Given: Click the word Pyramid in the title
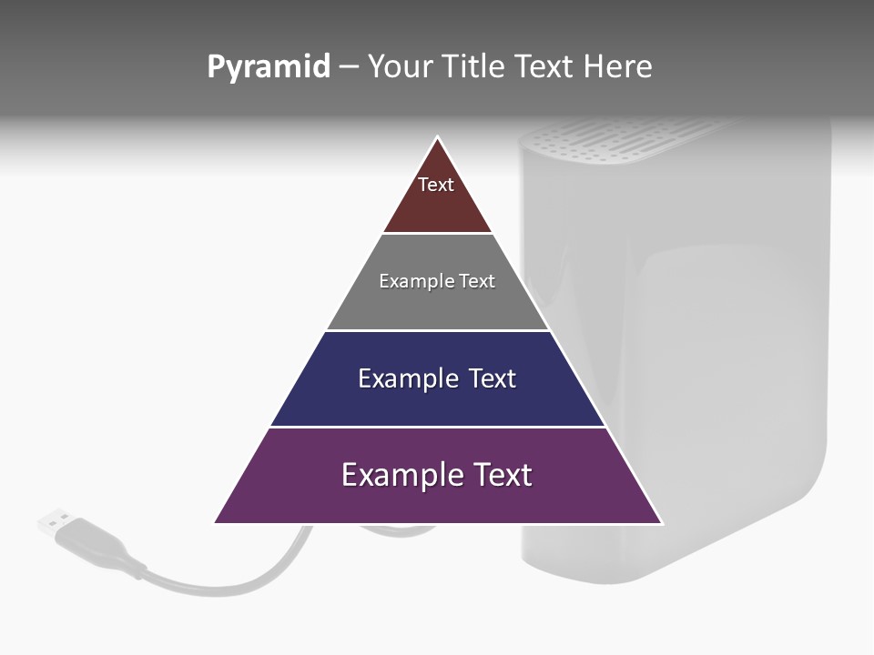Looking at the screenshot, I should click(269, 67).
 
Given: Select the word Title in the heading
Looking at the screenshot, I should click(478, 67).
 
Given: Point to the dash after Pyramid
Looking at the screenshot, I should click(349, 67).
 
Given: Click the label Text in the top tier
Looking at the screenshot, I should click(436, 185).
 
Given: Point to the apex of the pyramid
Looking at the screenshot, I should click(438, 138).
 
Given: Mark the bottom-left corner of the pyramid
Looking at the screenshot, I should click(216, 522).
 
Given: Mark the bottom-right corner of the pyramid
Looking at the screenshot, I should click(661, 522).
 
